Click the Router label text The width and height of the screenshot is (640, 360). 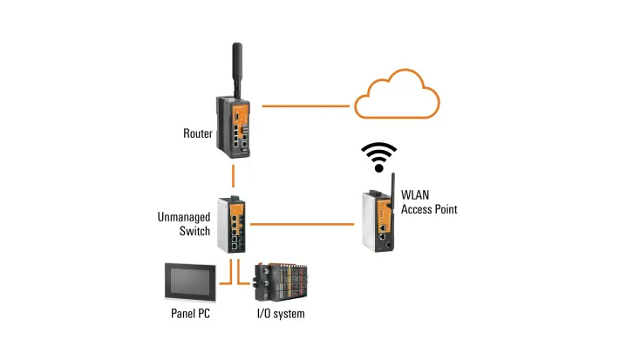coord(198,133)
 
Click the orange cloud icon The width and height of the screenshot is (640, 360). coord(397,98)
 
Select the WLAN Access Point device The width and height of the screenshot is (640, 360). coord(380,220)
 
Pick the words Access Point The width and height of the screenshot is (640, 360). coord(428,210)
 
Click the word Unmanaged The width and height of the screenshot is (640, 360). coord(182,218)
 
